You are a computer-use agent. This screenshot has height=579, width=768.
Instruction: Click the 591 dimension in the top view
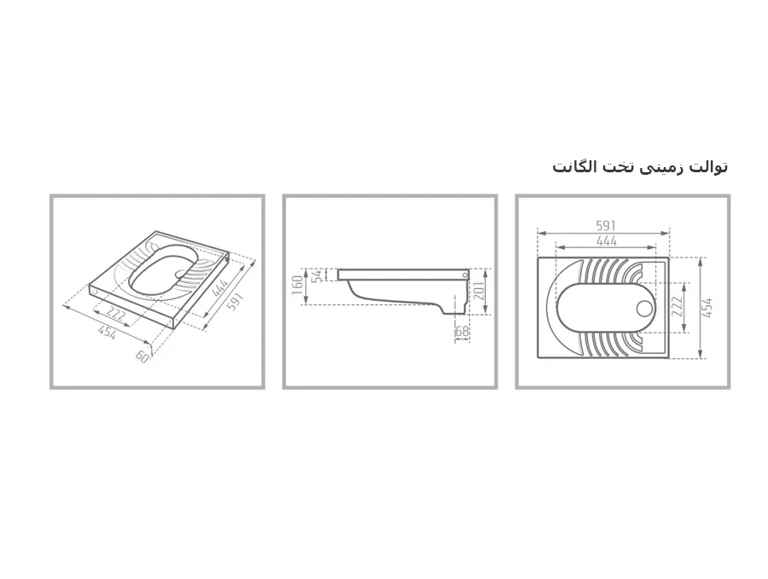pos(605,226)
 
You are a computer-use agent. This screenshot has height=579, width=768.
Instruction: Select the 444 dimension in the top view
pos(607,240)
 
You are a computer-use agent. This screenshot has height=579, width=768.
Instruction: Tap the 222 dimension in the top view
pos(677,307)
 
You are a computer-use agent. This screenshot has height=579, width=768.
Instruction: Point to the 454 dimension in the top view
pos(707,308)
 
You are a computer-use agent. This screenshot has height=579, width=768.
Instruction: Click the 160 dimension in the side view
pos(297,286)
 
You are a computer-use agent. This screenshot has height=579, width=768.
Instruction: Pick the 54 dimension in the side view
pos(318,275)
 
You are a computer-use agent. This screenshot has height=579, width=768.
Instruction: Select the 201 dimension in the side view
pos(479,291)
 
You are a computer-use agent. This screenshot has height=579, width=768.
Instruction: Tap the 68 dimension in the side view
pos(462,332)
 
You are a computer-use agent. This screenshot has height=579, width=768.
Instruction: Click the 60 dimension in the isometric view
pos(142,356)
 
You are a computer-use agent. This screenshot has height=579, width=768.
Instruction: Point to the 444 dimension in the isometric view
pos(220,287)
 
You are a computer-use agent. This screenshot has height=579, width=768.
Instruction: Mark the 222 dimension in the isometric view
pos(117,316)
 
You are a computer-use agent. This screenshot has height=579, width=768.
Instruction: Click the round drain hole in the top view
pos(644,309)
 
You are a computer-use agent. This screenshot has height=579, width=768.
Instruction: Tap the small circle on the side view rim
pos(464,275)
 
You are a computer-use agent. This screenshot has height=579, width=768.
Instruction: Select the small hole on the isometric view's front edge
pos(95,292)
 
